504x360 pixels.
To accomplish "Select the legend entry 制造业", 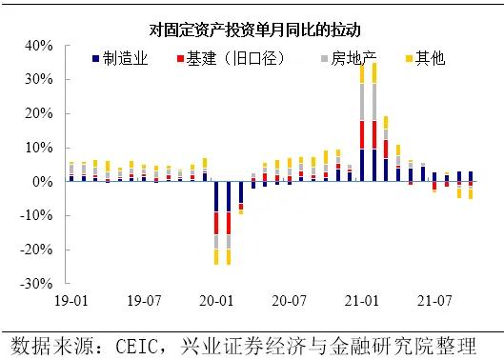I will pos(124,59).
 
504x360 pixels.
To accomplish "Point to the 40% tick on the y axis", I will pos(38,45).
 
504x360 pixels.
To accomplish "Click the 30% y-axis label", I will pos(38,79).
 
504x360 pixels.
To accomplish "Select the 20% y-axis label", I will pos(38,113).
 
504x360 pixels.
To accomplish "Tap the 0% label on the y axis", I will pos(42,181).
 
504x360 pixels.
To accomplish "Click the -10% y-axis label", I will pos(35,215).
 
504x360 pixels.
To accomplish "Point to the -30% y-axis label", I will pos(35,284).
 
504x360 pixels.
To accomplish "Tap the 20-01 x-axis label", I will pos(217,300).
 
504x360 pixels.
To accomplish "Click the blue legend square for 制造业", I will pos(96,60).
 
